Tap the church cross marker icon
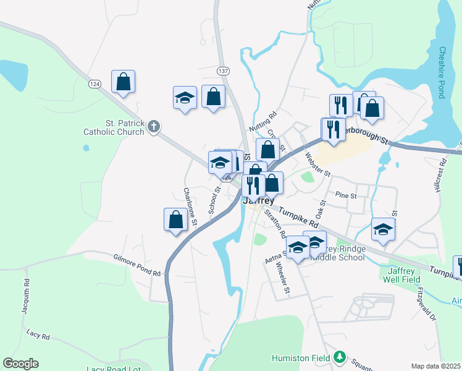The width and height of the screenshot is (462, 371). [x=154, y=127]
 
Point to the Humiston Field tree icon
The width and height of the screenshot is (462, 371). [x=338, y=357]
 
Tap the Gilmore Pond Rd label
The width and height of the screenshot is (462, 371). [x=137, y=265]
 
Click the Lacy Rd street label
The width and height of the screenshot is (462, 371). [x=38, y=335]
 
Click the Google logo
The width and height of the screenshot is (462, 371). [x=20, y=364]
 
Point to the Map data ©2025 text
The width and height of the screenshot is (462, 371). [x=435, y=366]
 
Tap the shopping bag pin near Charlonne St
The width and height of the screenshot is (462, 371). [x=176, y=220]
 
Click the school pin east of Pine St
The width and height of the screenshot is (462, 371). [x=384, y=229]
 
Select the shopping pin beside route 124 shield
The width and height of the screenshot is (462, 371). [x=123, y=82]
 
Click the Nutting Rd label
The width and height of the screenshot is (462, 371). [x=264, y=121]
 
